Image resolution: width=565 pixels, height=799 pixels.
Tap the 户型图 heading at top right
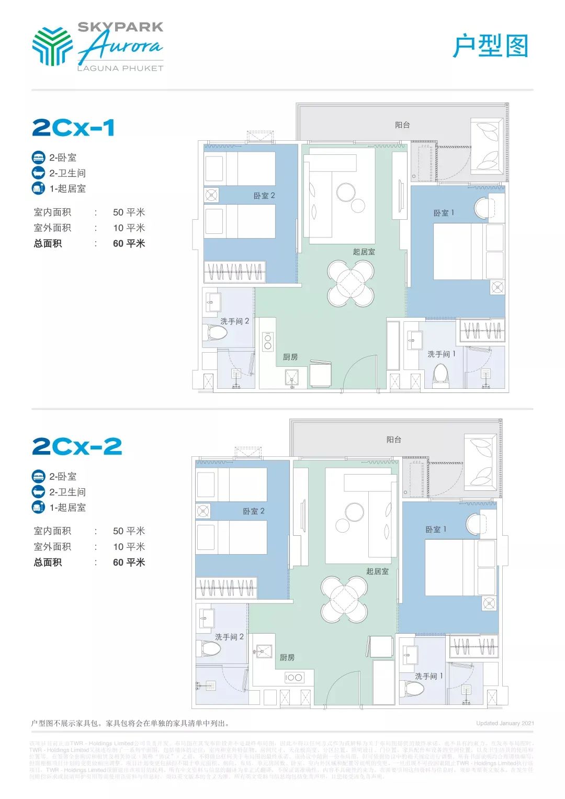click(490, 46)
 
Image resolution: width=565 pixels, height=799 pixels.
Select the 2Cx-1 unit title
click(73, 128)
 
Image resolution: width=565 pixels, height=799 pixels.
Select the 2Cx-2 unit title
click(77, 446)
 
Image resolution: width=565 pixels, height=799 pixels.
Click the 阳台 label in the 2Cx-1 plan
click(402, 125)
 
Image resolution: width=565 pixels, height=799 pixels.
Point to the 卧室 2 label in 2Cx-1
click(264, 196)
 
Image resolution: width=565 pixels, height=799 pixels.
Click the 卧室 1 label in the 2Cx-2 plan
click(436, 530)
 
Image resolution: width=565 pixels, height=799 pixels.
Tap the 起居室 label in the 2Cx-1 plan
click(364, 252)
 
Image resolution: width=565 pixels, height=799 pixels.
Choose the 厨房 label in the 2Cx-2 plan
click(287, 657)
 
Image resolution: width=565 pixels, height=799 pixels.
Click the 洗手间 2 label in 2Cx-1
click(234, 321)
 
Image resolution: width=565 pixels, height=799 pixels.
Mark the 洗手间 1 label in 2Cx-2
click(428, 676)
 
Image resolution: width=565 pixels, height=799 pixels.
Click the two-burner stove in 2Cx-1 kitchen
click(268, 342)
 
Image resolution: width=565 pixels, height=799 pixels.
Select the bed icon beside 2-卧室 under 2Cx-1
click(39, 157)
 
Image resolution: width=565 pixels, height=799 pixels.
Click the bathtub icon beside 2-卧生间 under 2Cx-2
click(39, 492)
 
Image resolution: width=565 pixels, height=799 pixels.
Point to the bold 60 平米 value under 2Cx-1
click(129, 243)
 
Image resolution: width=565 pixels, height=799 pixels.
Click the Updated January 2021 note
click(505, 723)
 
